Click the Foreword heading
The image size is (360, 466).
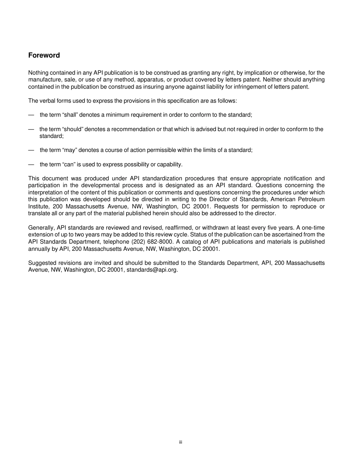pos(44,55)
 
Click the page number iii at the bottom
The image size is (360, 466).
pos(181,442)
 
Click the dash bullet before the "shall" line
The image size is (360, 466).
pos(31,115)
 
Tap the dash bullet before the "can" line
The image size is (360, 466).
pos(31,164)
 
